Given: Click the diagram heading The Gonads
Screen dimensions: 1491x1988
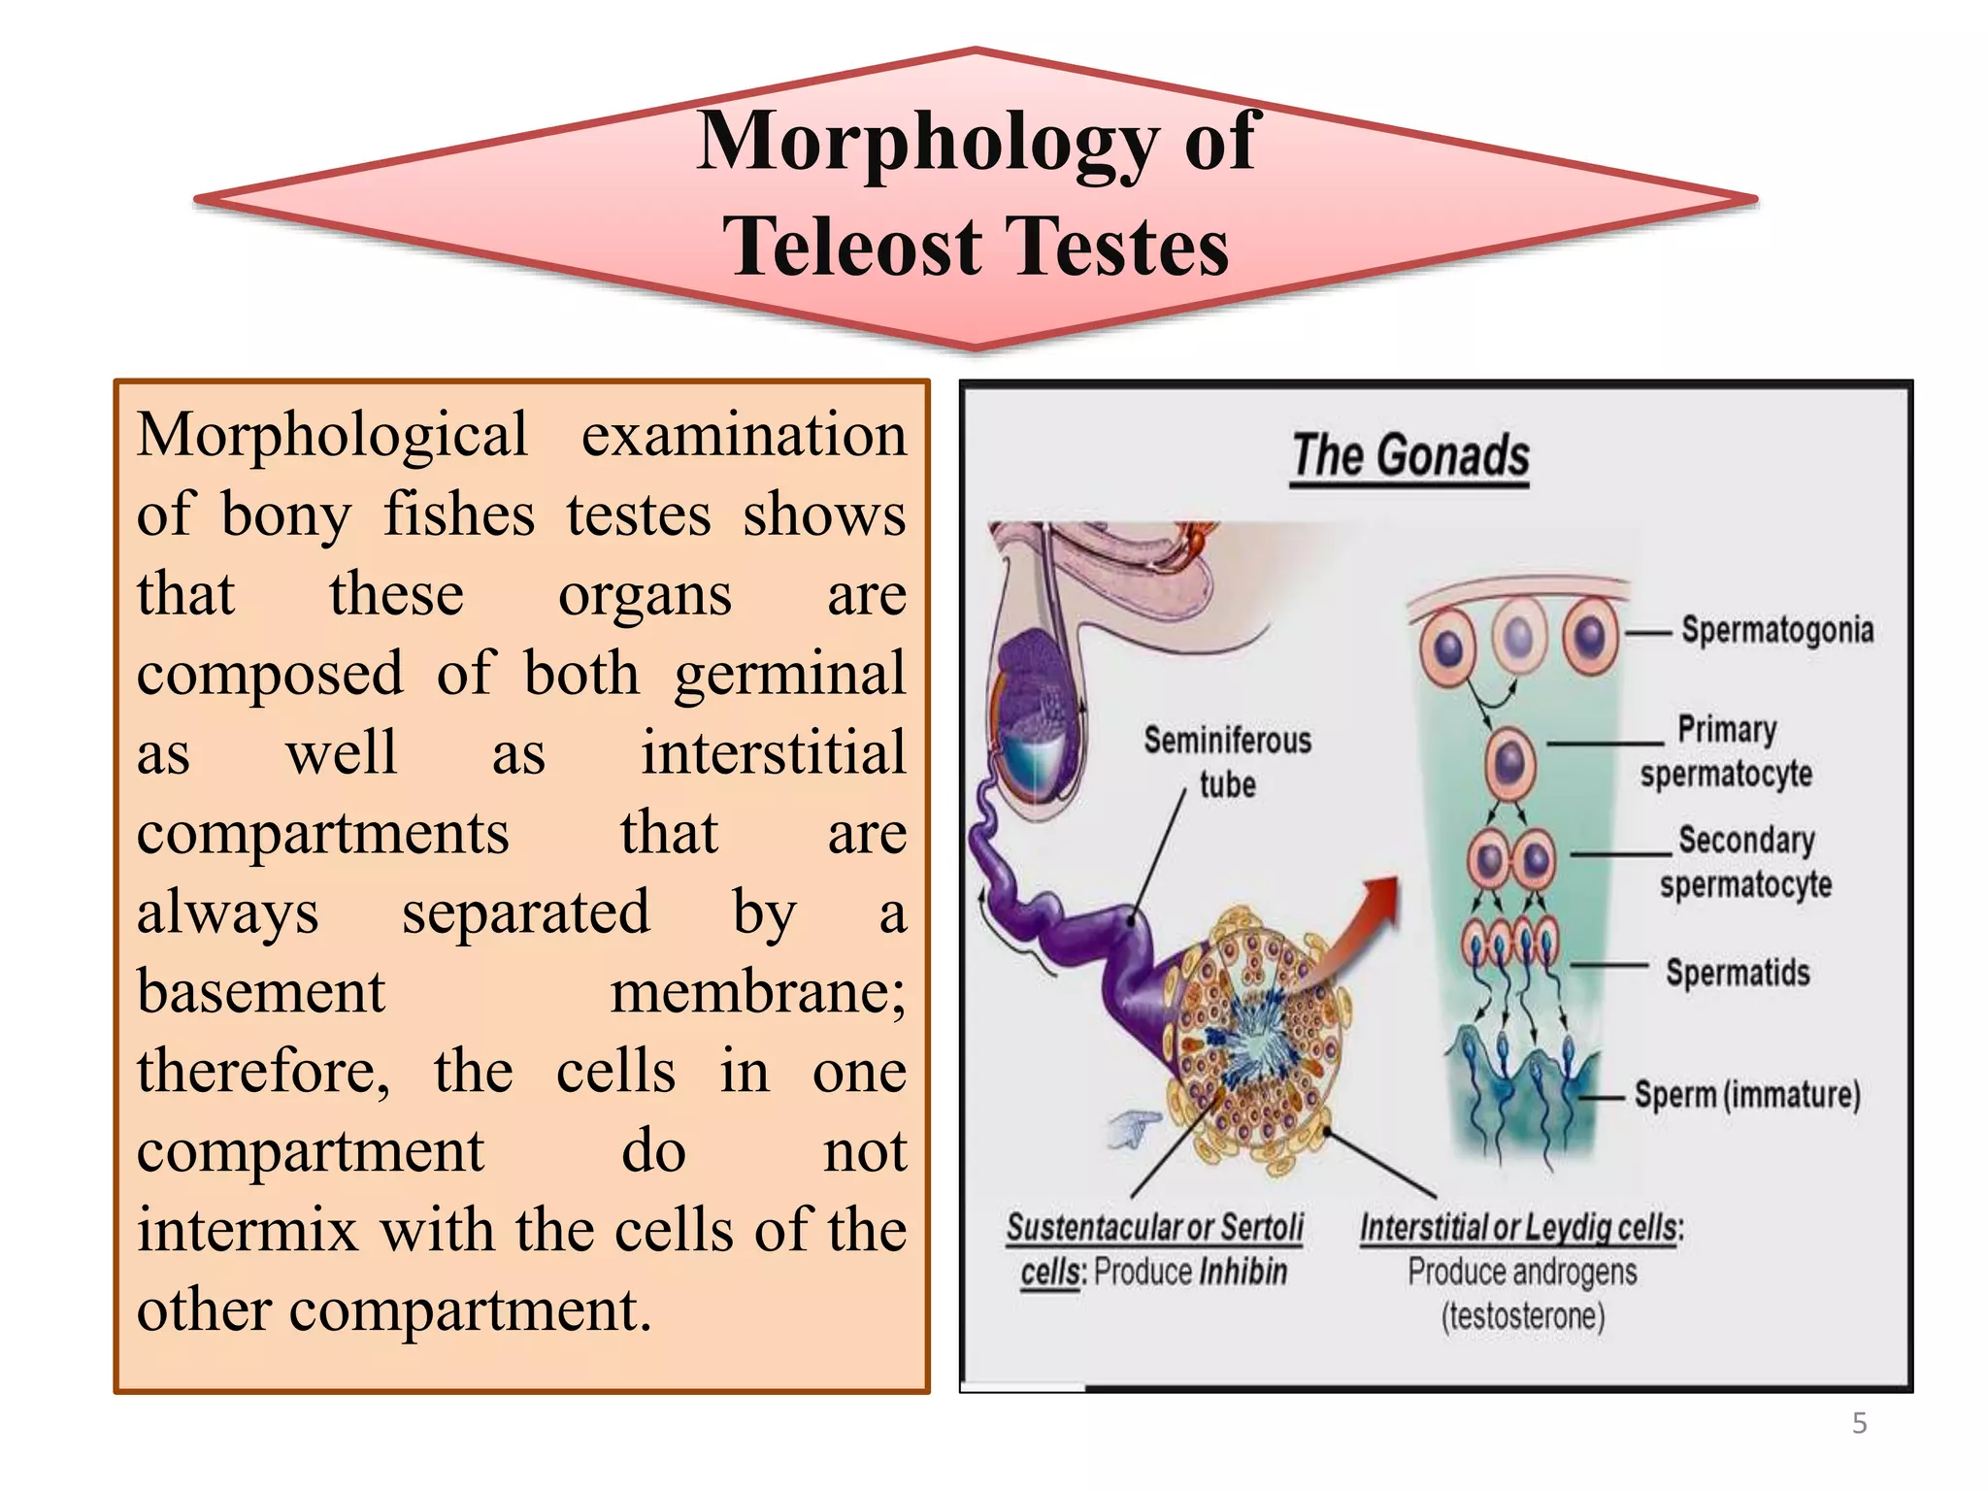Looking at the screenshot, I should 1410,456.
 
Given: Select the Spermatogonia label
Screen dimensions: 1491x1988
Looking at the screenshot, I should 1776,630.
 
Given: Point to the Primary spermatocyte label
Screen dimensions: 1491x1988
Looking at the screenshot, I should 1726,751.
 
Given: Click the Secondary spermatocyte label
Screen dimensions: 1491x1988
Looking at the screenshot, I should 1745,862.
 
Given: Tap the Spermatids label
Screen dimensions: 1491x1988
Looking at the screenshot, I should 1738,973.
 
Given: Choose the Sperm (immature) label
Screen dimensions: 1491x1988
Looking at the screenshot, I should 1747,1095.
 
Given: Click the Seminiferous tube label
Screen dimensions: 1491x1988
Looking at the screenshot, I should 1227,762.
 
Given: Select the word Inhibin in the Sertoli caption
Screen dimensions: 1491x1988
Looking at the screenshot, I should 1242,1272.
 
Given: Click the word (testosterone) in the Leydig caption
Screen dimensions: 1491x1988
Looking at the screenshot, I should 1522,1316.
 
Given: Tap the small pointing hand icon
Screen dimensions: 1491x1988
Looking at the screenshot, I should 1134,1129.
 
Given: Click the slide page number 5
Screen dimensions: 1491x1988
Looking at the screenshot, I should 1859,1423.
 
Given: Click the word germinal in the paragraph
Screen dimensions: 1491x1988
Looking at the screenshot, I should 790,674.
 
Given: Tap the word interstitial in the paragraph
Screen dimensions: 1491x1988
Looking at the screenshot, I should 773,753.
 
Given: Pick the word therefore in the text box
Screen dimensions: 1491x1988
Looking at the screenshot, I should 262,1072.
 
